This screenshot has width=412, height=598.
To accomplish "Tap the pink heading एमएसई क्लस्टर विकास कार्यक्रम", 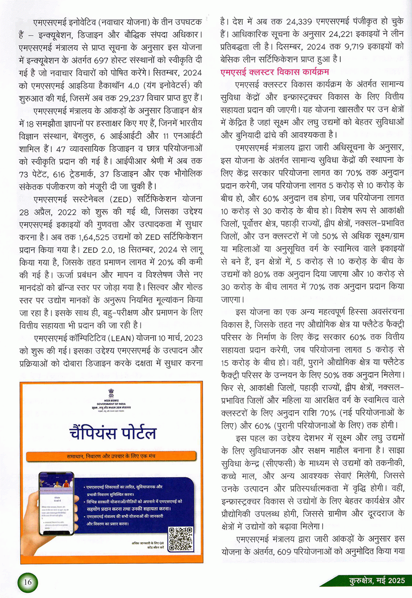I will click(x=274, y=72).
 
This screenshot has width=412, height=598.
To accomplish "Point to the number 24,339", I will click(x=305, y=22).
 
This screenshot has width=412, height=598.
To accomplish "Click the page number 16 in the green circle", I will click(x=27, y=582).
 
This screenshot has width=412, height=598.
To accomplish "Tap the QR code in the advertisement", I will click(x=181, y=539).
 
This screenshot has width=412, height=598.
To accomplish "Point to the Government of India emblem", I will click(x=111, y=392).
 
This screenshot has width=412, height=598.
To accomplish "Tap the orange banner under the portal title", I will click(x=111, y=456).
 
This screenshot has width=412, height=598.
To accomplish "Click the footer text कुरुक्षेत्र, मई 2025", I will click(x=377, y=581).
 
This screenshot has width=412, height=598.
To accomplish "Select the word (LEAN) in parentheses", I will click(x=122, y=338).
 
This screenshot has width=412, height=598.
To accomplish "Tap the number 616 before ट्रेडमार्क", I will click(x=59, y=174).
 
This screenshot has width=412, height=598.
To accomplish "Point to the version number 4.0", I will click(x=133, y=86).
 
